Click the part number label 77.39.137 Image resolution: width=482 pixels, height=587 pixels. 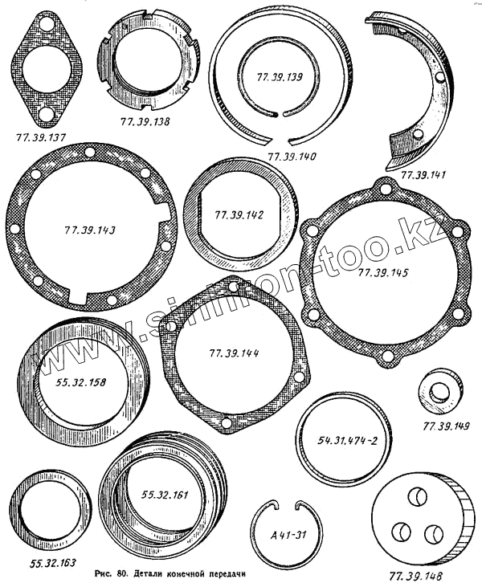[x=41, y=137]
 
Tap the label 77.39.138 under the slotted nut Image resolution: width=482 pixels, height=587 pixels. [x=145, y=121]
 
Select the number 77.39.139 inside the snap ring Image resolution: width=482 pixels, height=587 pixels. [x=280, y=77]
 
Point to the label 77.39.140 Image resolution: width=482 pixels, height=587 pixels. [x=292, y=156]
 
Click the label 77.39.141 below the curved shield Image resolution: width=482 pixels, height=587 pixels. [x=423, y=174]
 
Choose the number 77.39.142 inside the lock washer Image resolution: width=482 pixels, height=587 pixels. [x=239, y=215]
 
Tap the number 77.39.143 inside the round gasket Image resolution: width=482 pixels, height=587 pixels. [x=89, y=230]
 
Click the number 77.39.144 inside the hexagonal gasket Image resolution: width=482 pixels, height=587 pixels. [x=234, y=353]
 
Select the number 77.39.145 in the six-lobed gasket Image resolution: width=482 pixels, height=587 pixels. [x=382, y=272]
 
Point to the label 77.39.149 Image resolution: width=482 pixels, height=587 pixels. [x=446, y=426]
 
